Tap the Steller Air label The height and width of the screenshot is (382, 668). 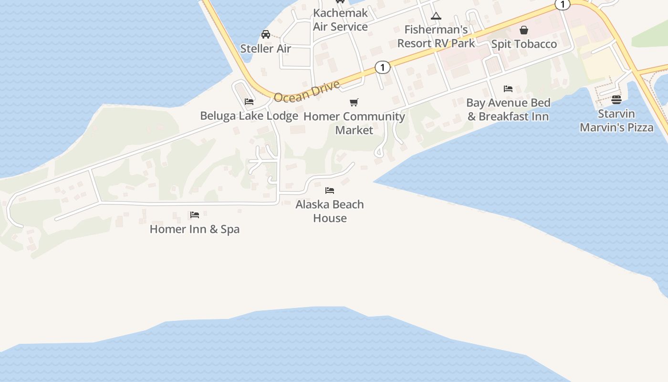(265, 48)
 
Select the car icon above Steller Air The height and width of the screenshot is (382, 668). (266, 34)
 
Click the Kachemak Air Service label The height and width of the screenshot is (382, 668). (340, 20)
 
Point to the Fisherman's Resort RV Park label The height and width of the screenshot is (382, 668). (436, 36)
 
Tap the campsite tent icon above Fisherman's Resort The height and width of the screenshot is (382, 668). (436, 16)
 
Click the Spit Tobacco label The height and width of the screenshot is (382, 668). (524, 44)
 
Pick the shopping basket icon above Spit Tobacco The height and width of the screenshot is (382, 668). (524, 30)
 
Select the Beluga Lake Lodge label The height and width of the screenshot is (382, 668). (249, 116)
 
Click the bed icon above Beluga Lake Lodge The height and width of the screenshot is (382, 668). (249, 102)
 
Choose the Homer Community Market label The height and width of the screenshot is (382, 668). (354, 123)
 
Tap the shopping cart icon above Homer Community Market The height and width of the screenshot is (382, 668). (354, 102)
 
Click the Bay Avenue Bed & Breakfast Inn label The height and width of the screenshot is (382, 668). (508, 109)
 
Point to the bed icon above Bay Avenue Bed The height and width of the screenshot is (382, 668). (508, 89)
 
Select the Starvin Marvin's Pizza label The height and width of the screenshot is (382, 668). (616, 120)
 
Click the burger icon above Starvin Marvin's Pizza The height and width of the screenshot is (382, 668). (616, 100)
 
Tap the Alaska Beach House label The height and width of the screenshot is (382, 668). (330, 211)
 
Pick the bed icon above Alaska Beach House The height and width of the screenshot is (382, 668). (330, 191)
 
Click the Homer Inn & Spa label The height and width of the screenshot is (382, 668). (195, 229)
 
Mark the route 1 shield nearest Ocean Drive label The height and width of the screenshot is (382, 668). (382, 67)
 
